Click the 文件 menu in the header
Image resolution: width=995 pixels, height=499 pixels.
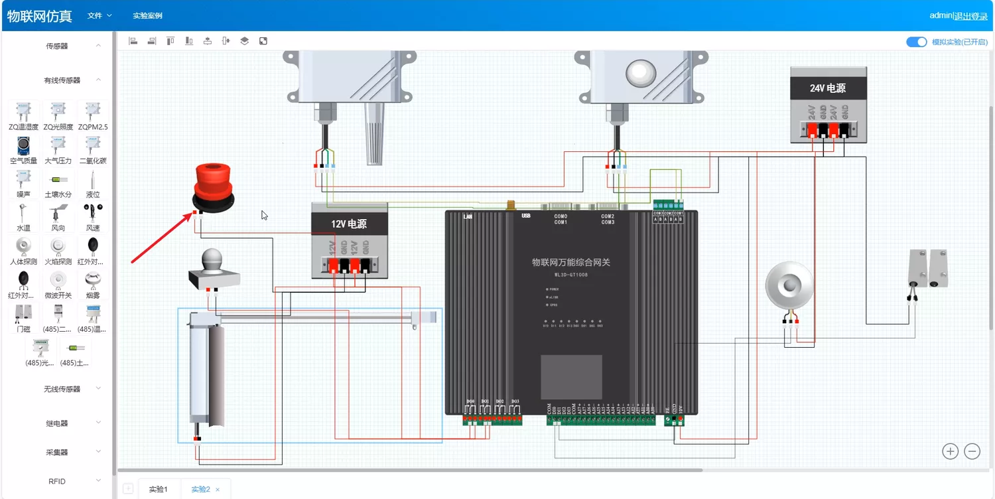click(x=99, y=15)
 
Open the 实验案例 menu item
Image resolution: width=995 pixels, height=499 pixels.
click(x=147, y=15)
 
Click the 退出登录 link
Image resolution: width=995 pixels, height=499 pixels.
click(x=970, y=16)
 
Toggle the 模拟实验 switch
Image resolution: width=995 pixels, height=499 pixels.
click(x=916, y=42)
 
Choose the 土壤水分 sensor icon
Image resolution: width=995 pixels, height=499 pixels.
click(x=58, y=180)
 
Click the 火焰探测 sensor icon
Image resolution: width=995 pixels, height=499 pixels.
click(x=58, y=247)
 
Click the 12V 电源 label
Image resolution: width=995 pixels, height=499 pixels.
click(x=349, y=224)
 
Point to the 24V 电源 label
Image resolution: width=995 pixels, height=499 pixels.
click(x=828, y=88)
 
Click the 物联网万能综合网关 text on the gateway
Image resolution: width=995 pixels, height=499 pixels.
click(x=570, y=263)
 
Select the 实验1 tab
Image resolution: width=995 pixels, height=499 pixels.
click(x=158, y=490)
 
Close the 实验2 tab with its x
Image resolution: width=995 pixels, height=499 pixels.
click(x=218, y=490)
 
